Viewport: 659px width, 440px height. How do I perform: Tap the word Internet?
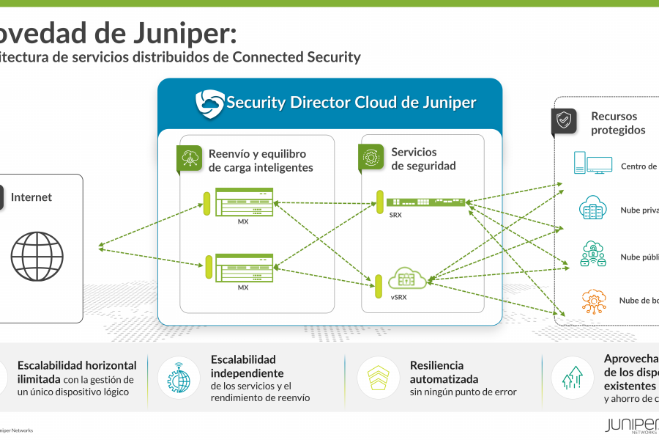(31, 197)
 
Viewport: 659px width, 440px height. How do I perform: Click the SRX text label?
(395, 215)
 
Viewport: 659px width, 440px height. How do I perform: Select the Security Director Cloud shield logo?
(209, 103)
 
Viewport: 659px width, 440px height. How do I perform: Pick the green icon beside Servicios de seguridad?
(371, 157)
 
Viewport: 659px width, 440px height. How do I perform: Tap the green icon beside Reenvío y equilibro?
(190, 158)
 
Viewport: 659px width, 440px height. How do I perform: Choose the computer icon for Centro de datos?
(592, 164)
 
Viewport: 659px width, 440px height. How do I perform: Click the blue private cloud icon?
(592, 208)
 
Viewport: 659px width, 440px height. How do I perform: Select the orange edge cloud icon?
(592, 300)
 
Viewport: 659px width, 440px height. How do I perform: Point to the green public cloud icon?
(592, 254)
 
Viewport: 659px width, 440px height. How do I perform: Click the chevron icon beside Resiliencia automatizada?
(379, 377)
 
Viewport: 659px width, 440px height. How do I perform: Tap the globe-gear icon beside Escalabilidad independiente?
(179, 378)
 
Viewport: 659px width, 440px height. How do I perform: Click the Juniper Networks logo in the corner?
(631, 425)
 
